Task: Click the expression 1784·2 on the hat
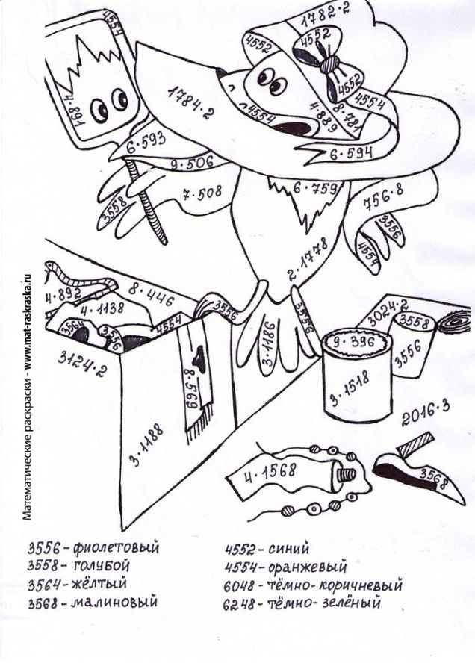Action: pyautogui.click(x=187, y=104)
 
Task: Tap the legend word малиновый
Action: pyautogui.click(x=114, y=602)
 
